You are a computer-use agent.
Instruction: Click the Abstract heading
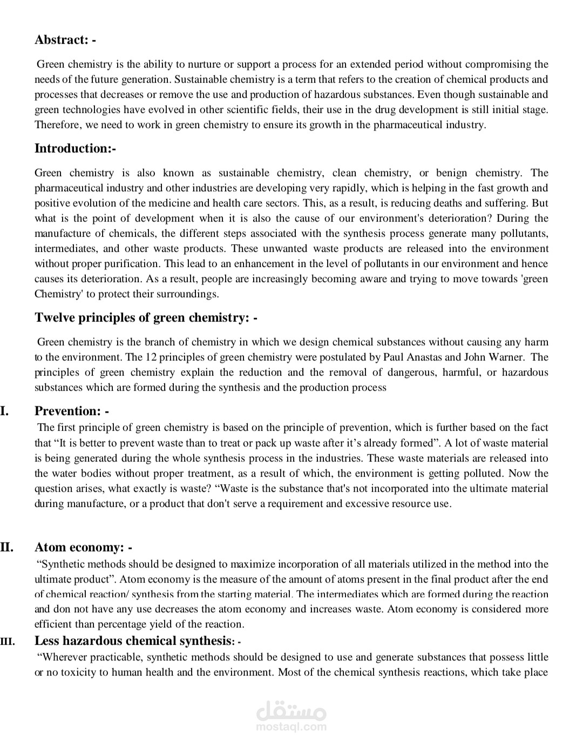[65, 39]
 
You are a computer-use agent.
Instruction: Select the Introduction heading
[75, 148]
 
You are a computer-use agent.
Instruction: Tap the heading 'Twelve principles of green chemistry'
[146, 317]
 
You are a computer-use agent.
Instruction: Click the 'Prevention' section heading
[71, 411]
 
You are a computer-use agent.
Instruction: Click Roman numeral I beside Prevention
[4, 411]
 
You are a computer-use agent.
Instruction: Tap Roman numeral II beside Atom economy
[6, 547]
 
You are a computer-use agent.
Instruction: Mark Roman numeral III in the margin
[8, 642]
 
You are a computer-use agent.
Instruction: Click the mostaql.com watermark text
[291, 727]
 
